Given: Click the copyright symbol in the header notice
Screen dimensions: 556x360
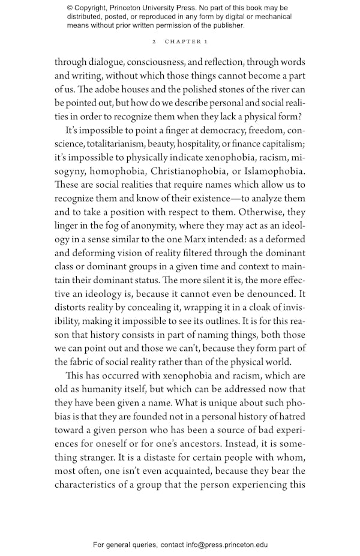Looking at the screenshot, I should click(x=70, y=8).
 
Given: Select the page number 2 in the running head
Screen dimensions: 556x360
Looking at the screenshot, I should click(x=154, y=42).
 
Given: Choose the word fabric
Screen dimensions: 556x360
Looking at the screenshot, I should click(x=85, y=362).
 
